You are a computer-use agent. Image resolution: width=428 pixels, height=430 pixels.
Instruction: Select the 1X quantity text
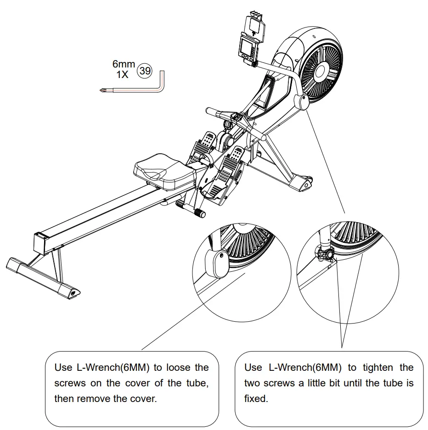pyautogui.click(x=122, y=75)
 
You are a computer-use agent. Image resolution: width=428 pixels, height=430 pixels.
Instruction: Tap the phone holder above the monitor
pyautogui.click(x=255, y=25)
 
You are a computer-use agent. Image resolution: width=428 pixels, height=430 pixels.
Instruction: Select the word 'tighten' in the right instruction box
pyautogui.click(x=378, y=367)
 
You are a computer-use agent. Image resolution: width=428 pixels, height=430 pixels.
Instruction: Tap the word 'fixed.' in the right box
pyautogui.click(x=256, y=398)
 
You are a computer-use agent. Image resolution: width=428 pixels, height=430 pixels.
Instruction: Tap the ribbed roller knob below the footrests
pyautogui.click(x=199, y=213)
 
